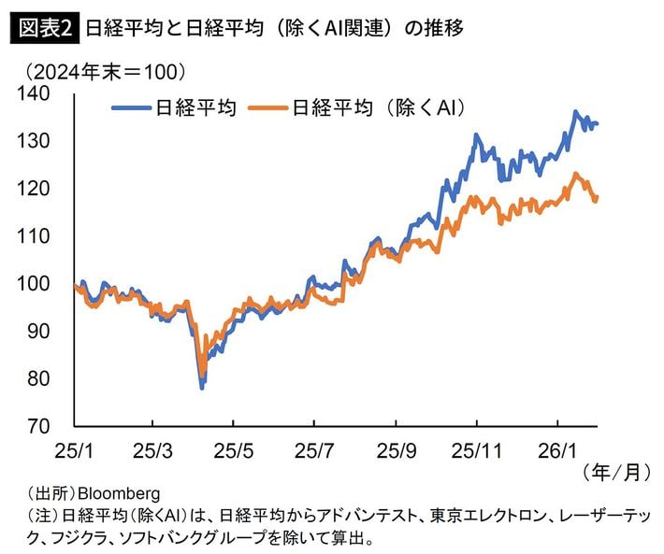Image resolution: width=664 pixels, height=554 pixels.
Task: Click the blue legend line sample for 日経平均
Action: coord(131,108)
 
